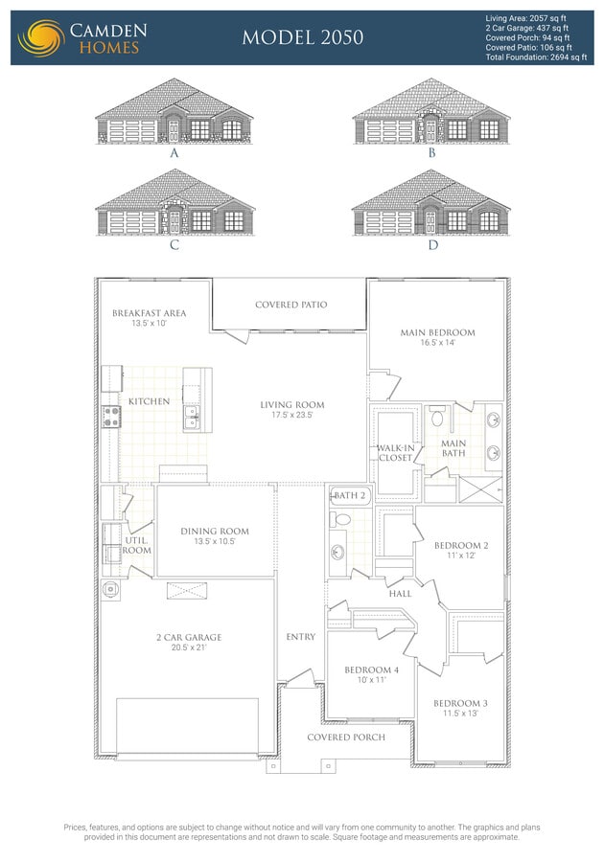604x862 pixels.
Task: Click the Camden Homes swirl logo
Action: [x=41, y=38]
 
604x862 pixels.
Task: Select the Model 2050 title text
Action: [x=303, y=37]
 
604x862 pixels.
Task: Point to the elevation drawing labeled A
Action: [x=174, y=111]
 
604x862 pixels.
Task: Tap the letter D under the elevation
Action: [x=433, y=244]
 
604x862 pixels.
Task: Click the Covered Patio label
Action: [x=291, y=305]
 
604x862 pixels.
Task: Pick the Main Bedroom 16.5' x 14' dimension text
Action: [x=438, y=343]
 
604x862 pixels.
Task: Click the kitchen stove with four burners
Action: [x=111, y=417]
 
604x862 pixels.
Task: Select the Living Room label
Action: [x=292, y=405]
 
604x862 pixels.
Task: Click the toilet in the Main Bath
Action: [x=437, y=417]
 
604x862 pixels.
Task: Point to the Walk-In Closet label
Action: [x=396, y=453]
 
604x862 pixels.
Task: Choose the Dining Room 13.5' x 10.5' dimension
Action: [x=215, y=541]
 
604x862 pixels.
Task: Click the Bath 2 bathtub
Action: [x=350, y=496]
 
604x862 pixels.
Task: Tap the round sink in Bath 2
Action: [x=337, y=552]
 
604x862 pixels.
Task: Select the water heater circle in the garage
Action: [x=110, y=590]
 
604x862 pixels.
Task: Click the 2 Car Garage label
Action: [x=189, y=638]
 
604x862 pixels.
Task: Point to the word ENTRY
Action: [x=301, y=637]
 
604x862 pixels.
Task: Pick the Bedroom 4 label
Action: [x=372, y=670]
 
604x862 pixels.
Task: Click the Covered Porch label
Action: [x=346, y=737]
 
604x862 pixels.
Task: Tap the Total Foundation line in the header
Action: [x=536, y=57]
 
